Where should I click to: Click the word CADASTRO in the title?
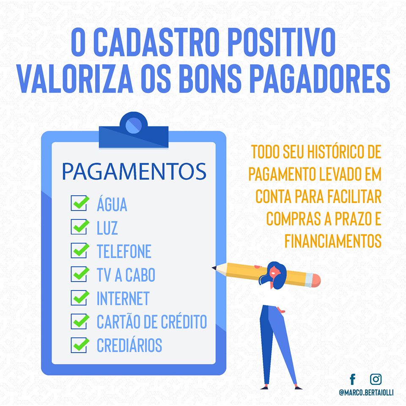pyautogui.click(x=156, y=42)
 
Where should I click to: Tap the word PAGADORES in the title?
pyautogui.click(x=320, y=79)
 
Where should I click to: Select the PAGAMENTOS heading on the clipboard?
pyautogui.click(x=134, y=171)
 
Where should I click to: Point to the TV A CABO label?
pyautogui.click(x=126, y=275)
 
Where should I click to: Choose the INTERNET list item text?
pyautogui.click(x=123, y=298)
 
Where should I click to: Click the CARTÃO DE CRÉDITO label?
pyautogui.click(x=152, y=321)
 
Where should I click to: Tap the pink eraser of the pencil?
pyautogui.click(x=316, y=281)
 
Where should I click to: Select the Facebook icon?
pyautogui.click(x=353, y=379)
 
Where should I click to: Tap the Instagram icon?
pyautogui.click(x=376, y=379)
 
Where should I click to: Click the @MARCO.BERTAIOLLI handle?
pyautogui.click(x=366, y=392)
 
